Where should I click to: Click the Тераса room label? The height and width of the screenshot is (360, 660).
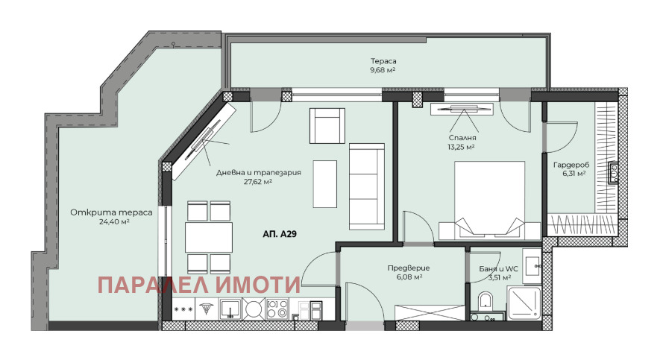(x=383, y=61)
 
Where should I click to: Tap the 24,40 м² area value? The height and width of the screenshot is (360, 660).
(x=113, y=221)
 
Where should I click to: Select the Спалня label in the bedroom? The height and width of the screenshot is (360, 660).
(x=462, y=138)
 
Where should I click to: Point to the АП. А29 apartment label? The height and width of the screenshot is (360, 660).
(x=280, y=234)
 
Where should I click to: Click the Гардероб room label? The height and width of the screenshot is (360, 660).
(x=571, y=165)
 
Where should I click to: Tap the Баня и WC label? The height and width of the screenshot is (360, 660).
(x=498, y=269)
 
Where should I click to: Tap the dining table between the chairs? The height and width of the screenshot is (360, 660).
(x=209, y=237)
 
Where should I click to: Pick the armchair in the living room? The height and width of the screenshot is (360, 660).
(x=327, y=126)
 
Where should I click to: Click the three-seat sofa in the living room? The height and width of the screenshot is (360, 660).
(x=367, y=187)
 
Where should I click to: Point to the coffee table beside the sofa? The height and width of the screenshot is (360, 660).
(x=324, y=184)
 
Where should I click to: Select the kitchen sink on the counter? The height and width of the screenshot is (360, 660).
(x=230, y=309)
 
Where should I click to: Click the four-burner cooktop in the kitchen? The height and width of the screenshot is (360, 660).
(x=277, y=309)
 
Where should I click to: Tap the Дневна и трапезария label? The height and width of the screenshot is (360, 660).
(x=259, y=173)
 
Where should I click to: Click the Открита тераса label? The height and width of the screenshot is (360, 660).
(x=111, y=213)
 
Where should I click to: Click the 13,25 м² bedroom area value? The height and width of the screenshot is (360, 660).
(x=462, y=147)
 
